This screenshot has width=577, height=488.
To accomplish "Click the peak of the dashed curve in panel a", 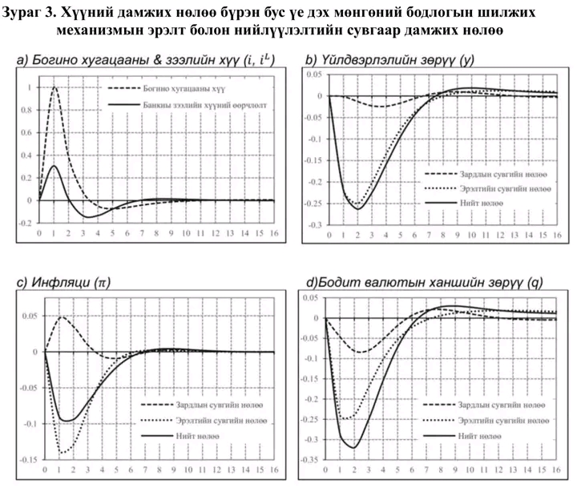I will [x=54, y=87].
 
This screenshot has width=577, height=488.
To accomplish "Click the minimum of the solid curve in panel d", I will [x=354, y=448].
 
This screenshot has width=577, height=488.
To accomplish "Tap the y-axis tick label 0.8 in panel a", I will [x=28, y=110].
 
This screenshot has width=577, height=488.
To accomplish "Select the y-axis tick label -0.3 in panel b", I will [x=313, y=225].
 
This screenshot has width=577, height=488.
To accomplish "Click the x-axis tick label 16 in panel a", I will [x=274, y=234].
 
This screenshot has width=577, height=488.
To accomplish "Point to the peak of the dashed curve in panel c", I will [x=62, y=317].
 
